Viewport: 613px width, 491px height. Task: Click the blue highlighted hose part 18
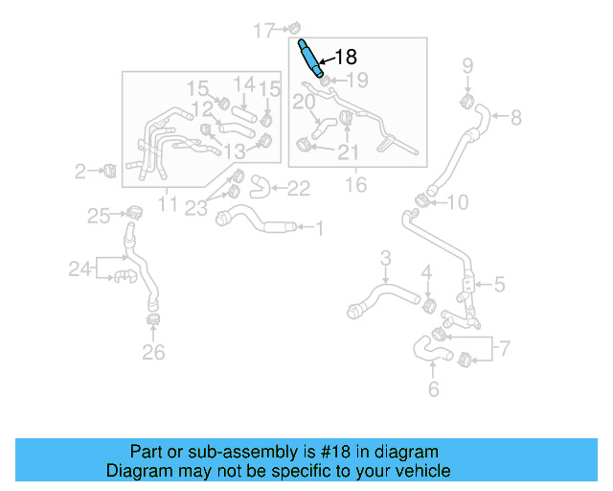click(x=312, y=59)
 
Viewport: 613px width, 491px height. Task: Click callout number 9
click(x=468, y=66)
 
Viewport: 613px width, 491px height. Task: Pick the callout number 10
click(x=458, y=202)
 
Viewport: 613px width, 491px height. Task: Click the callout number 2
click(x=80, y=173)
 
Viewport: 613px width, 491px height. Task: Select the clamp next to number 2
click(x=109, y=171)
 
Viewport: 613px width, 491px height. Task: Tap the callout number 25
click(x=99, y=217)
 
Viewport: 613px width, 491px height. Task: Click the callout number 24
click(x=79, y=269)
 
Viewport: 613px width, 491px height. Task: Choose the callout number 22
click(x=299, y=189)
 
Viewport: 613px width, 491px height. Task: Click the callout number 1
click(x=320, y=228)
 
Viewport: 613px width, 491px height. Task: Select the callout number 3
click(x=386, y=257)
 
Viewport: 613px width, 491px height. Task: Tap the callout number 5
click(x=499, y=284)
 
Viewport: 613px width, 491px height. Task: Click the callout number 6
click(x=433, y=389)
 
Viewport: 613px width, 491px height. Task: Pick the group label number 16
click(x=355, y=184)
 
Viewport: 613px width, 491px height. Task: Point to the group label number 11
click(x=168, y=203)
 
